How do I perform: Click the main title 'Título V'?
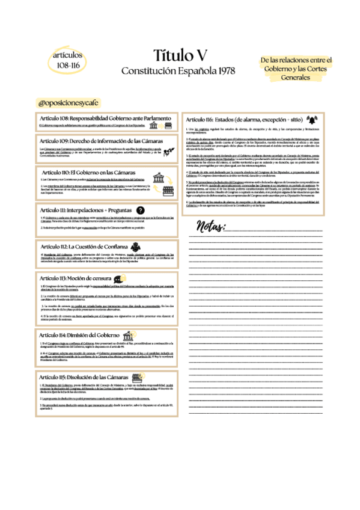(180, 56)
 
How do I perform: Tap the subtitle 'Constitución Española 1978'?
(180, 71)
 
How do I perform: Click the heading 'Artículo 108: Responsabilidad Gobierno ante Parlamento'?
(101, 118)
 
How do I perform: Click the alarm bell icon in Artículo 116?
(311, 118)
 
